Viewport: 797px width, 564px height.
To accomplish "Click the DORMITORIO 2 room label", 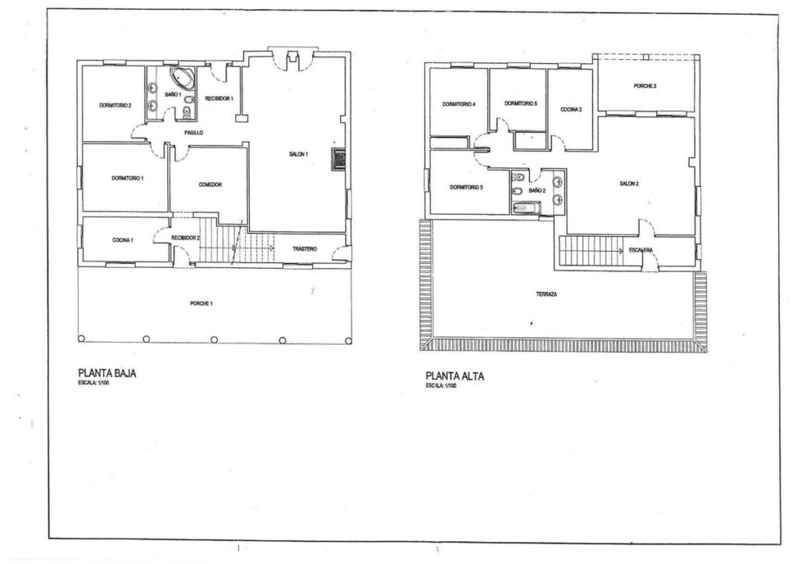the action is (115, 106).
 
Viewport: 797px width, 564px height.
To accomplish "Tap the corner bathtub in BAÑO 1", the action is (182, 77).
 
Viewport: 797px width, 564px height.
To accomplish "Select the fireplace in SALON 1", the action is (339, 159).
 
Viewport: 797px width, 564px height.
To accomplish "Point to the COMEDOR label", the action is (210, 185).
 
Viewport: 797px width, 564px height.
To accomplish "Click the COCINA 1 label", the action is (123, 240).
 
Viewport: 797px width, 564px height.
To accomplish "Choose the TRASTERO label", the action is (304, 249).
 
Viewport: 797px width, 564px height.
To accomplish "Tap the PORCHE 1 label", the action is (202, 304).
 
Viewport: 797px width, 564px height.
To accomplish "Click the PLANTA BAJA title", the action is (107, 373).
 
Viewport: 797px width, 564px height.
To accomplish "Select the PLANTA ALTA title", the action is (455, 377).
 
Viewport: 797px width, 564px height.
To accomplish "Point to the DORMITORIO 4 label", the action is (458, 104).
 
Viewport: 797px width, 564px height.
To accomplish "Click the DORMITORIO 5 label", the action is (521, 104).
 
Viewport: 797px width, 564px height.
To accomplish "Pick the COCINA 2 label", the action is (571, 110).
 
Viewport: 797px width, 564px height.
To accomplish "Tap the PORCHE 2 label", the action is (645, 86).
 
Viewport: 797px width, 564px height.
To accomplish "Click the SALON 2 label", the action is (629, 184).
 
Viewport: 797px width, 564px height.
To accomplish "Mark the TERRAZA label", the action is (546, 294).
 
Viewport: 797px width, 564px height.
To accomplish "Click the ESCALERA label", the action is (641, 250).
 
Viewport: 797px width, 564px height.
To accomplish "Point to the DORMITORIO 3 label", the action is (466, 188).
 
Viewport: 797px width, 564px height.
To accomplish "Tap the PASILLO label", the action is (194, 132).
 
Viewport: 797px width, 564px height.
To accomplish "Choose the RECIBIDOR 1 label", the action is (219, 98).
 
